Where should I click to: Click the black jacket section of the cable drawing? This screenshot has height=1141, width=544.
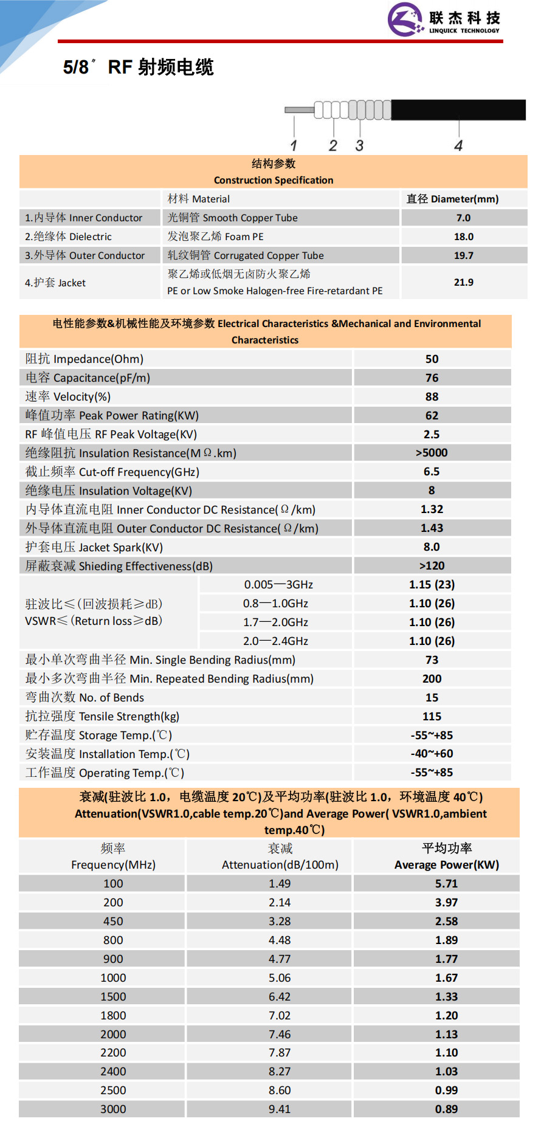[x=458, y=109]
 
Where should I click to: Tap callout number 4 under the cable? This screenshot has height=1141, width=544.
[x=458, y=146]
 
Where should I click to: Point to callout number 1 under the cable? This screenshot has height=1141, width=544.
[x=294, y=146]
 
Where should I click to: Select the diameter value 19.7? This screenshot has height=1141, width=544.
[x=463, y=256]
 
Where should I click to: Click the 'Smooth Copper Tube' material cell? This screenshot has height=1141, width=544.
[x=233, y=218]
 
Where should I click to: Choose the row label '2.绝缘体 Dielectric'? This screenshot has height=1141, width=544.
[x=68, y=236]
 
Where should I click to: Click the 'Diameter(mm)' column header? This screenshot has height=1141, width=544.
[x=453, y=199]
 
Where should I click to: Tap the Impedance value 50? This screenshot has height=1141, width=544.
[x=432, y=359]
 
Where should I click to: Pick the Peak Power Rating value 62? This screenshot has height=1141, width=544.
[x=432, y=416]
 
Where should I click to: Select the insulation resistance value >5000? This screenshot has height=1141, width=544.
[x=432, y=453]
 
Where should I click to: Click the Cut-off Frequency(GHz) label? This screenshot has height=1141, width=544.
[x=112, y=472]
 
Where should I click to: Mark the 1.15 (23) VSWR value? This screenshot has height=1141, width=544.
[x=432, y=585]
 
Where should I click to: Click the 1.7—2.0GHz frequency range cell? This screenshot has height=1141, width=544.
[x=275, y=622]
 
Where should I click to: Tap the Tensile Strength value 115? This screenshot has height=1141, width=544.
[x=432, y=717]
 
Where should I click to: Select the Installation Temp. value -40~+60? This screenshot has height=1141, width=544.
[x=432, y=754]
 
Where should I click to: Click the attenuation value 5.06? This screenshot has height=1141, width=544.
[x=280, y=978]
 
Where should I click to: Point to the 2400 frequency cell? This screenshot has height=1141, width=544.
[x=113, y=1072]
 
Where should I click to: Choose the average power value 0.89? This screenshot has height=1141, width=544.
[x=446, y=1109]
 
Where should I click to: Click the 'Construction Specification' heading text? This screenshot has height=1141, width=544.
[x=274, y=181]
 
